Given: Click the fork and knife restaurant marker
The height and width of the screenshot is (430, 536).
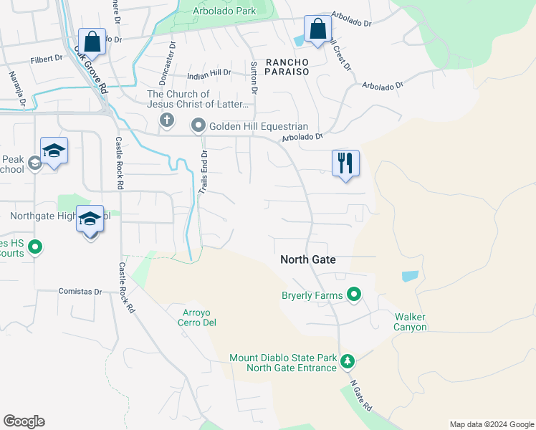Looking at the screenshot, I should click(345, 163).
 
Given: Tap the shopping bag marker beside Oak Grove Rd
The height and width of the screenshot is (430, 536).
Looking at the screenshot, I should click(92, 41).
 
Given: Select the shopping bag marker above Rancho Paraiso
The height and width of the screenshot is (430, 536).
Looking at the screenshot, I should click(317, 29).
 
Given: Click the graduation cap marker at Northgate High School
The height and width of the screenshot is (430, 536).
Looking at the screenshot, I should click(90, 219).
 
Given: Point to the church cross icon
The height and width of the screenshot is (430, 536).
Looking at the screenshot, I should click(166, 120).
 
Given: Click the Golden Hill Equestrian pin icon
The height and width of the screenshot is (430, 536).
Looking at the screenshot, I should click(198, 126).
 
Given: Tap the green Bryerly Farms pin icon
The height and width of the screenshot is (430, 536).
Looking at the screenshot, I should click(353, 294).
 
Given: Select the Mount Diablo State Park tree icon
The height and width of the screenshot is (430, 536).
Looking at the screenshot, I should click(348, 360).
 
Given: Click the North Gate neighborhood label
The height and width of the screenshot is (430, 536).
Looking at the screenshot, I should click(308, 260).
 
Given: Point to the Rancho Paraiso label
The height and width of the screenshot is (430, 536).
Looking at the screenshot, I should click(287, 67).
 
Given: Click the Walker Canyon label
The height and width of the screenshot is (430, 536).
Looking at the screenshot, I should click(410, 322).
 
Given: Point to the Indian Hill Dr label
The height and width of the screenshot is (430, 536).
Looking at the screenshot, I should click(209, 72).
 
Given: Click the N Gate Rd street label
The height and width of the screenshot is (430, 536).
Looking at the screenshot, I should click(362, 396).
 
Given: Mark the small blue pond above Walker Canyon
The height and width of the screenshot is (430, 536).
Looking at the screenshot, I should click(409, 275).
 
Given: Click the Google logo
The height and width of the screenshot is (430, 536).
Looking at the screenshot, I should click(24, 421).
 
